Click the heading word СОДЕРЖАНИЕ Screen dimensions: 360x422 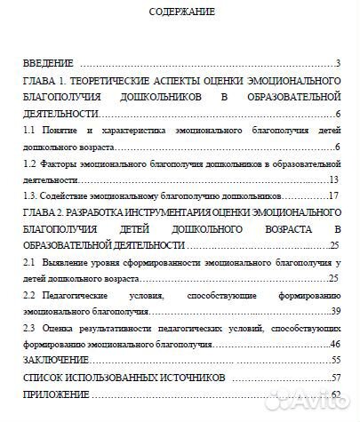pyautogui.click(x=180, y=13)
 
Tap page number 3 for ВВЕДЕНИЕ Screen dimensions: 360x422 pyautogui.click(x=339, y=64)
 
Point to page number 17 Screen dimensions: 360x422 pyautogui.click(x=335, y=195)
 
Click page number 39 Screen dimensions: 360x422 pyautogui.click(x=335, y=310)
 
